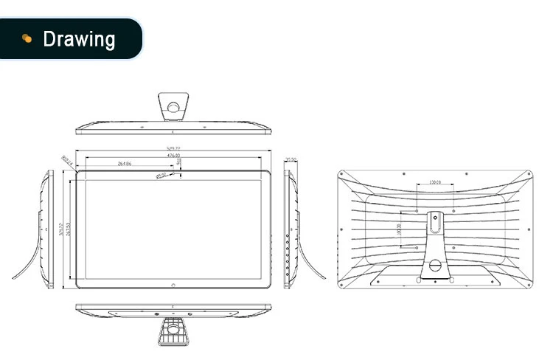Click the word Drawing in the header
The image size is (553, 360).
[x=79, y=38]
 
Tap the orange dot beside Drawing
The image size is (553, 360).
[x=27, y=38]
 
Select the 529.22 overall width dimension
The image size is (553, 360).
[x=173, y=149]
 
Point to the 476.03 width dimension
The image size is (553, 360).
[x=173, y=156]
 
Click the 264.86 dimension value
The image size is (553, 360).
[x=125, y=163]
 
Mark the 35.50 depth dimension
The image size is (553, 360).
[x=291, y=159]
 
